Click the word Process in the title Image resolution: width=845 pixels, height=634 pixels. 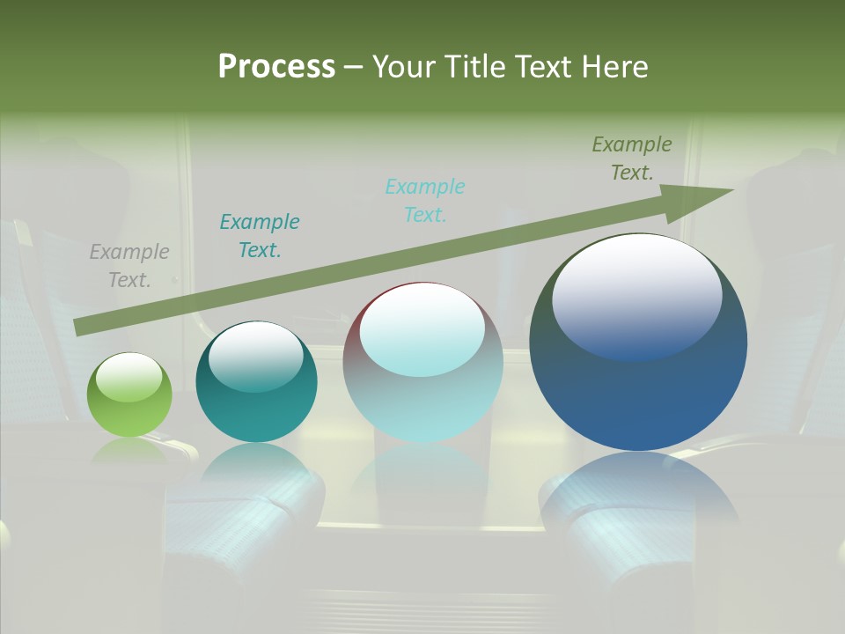(x=276, y=67)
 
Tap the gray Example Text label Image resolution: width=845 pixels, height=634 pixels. (x=129, y=266)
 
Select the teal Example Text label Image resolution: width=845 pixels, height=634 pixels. (x=260, y=236)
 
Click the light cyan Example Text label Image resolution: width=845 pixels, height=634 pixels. (x=425, y=201)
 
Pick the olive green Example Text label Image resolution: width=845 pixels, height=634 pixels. (x=632, y=158)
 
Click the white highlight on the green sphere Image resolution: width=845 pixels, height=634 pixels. (x=129, y=377)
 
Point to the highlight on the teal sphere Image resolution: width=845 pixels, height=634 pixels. (x=256, y=354)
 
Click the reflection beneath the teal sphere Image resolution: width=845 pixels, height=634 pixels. (x=256, y=462)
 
